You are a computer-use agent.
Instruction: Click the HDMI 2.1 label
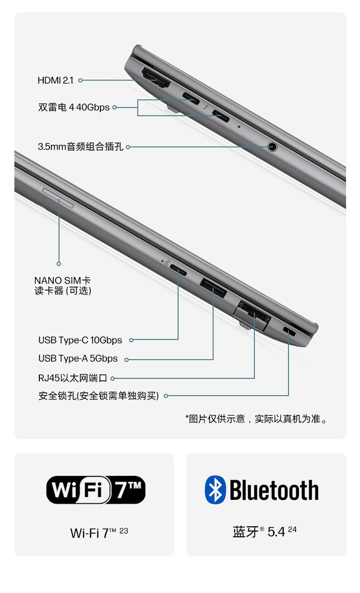pyautogui.click(x=55, y=81)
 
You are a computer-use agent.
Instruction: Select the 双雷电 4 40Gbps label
pyautogui.click(x=74, y=107)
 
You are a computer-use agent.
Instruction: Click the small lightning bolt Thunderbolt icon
pyautogui.click(x=206, y=108)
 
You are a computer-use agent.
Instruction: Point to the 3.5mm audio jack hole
pyautogui.click(x=272, y=146)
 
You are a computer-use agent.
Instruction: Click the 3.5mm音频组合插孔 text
pyautogui.click(x=81, y=147)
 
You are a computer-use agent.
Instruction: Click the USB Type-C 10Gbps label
pyautogui.click(x=80, y=340)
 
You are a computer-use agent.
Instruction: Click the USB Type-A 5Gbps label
pyautogui.click(x=78, y=359)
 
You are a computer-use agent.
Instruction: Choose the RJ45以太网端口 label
pyautogui.click(x=73, y=378)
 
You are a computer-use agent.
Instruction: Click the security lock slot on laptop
pyautogui.click(x=289, y=331)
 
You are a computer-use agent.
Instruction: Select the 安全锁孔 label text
pyautogui.click(x=98, y=396)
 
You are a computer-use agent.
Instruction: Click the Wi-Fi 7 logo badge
pyautogui.click(x=96, y=490)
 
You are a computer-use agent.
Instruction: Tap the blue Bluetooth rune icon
pyautogui.click(x=215, y=490)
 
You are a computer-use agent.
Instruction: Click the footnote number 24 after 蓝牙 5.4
pyautogui.click(x=292, y=530)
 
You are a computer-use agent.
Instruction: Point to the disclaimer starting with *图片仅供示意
pyautogui.click(x=257, y=419)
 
